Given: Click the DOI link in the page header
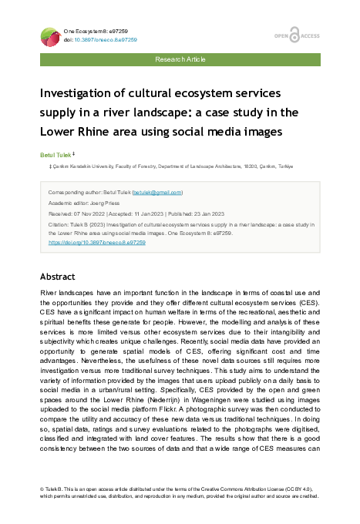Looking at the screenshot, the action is tap(110, 39).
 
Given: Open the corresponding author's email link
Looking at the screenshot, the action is tap(156, 192).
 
